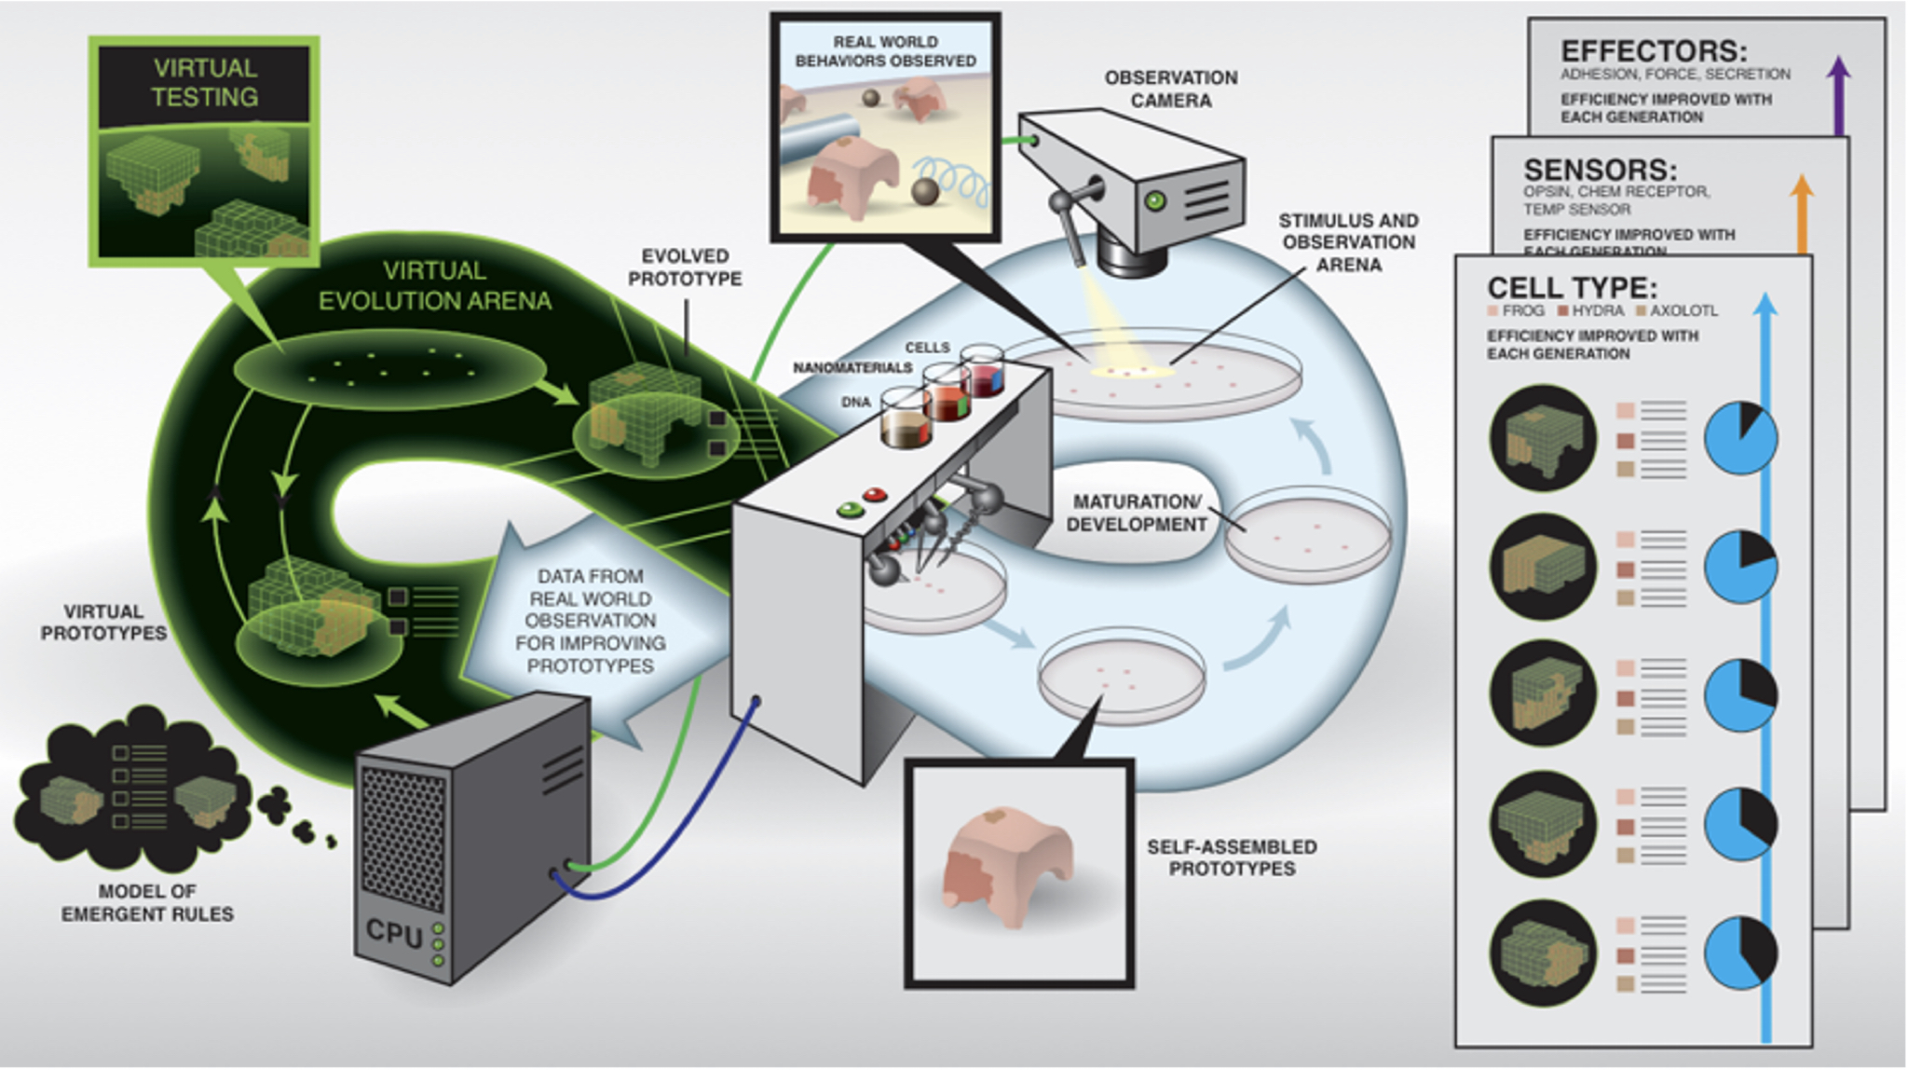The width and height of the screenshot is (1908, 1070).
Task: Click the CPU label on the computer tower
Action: point(393,931)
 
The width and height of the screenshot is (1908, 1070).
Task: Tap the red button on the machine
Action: point(875,495)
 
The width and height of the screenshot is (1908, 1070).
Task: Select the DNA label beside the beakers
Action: point(855,403)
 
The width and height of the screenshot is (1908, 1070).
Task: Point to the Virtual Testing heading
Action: point(205,82)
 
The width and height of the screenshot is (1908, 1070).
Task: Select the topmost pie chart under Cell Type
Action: point(1740,438)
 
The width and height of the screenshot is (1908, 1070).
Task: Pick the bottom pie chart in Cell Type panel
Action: point(1740,953)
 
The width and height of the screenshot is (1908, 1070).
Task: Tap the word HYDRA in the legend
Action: point(1598,310)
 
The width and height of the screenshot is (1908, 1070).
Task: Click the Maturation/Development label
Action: point(1136,514)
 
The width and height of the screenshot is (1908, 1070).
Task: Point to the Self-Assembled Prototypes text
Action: point(1231,857)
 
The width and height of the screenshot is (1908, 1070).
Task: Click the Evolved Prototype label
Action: point(684,267)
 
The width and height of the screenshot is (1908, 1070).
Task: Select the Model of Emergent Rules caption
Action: point(147,902)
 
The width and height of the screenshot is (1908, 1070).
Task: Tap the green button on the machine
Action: point(850,510)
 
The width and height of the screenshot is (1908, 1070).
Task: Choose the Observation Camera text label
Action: point(1170,89)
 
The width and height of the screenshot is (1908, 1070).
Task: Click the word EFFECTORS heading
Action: point(1654,50)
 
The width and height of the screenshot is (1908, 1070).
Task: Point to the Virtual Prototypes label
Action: point(103,622)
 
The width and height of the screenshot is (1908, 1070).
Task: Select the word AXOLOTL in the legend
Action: point(1683,310)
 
